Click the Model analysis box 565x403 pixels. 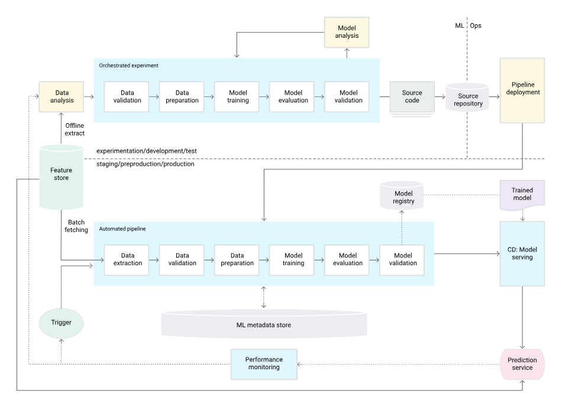(347, 32)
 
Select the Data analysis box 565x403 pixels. (62, 96)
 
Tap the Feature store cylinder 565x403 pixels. (62, 177)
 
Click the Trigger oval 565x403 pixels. (62, 323)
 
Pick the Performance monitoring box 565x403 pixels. (264, 364)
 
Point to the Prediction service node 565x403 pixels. (522, 364)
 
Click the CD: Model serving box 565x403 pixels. (522, 254)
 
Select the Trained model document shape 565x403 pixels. (522, 195)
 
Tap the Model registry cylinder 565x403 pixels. (402, 195)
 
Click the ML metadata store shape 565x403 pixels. (264, 324)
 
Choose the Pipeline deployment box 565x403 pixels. (522, 91)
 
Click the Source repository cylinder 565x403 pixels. (467, 97)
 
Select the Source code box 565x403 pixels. (412, 96)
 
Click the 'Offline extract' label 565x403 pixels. (75, 130)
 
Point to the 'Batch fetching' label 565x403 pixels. (76, 226)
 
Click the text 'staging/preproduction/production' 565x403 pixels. (145, 164)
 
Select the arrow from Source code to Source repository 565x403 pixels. (440, 96)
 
